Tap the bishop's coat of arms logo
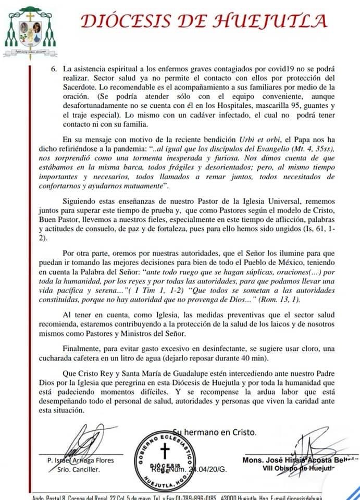pos(30,33)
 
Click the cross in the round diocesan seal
pos(165,451)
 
